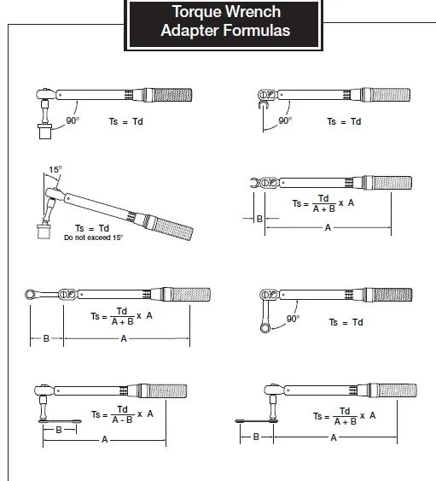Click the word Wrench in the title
(253, 12)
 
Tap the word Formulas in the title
(257, 31)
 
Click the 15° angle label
(55, 169)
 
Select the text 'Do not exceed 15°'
(94, 238)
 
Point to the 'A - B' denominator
(122, 419)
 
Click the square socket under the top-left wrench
(45, 132)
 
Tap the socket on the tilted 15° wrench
(44, 232)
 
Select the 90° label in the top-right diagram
(285, 120)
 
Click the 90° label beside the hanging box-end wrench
(293, 319)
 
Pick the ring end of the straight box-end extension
(30, 295)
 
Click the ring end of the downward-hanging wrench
(265, 327)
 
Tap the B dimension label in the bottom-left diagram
(59, 430)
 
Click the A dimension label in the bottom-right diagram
(334, 437)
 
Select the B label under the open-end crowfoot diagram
(259, 219)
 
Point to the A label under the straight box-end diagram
(124, 338)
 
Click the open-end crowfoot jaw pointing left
(255, 183)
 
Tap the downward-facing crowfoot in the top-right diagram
(263, 105)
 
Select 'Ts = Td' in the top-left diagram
(126, 121)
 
